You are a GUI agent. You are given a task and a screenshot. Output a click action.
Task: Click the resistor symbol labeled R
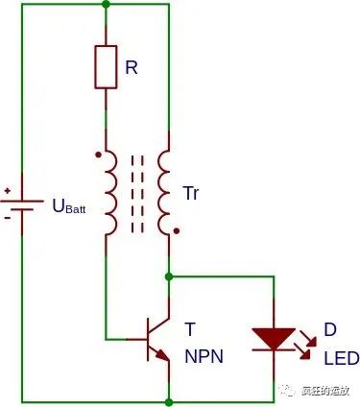106,66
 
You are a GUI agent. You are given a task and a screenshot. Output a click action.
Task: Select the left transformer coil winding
110,192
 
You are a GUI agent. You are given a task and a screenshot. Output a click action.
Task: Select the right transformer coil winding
164,192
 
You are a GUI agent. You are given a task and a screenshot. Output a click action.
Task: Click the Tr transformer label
192,192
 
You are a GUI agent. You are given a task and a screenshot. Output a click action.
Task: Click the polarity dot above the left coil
99,153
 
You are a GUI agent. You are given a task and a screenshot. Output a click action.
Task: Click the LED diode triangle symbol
273,339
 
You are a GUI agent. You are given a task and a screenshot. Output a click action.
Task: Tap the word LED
341,357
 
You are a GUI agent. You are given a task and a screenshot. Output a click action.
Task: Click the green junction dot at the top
106,4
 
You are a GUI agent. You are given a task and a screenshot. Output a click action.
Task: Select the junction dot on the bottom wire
169,400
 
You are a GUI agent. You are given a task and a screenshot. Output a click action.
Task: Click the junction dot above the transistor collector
169,276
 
